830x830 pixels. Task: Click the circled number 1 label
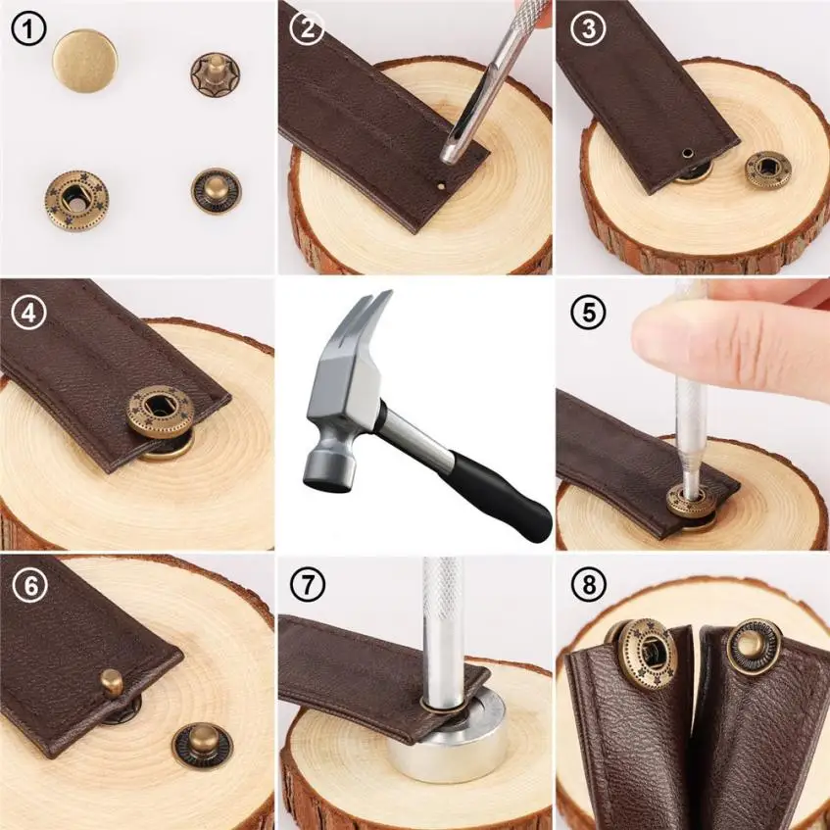[x=28, y=28]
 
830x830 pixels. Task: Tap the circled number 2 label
[x=307, y=28]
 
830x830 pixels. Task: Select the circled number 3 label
[x=588, y=28]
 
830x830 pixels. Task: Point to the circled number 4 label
[x=28, y=313]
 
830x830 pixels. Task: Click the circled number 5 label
[x=588, y=313]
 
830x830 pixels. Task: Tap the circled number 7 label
[x=307, y=584]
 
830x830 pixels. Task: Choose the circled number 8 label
[x=588, y=584]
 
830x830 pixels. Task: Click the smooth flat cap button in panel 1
[x=84, y=61]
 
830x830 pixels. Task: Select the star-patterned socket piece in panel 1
[x=76, y=201]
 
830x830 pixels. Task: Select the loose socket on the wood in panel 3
[x=768, y=170]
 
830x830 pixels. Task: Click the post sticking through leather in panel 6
[x=112, y=682]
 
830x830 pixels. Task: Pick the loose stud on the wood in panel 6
[x=203, y=747]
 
